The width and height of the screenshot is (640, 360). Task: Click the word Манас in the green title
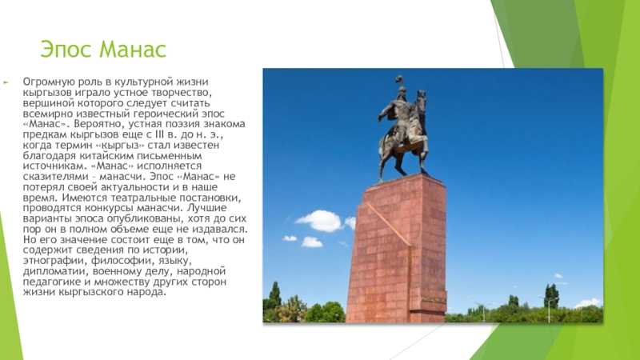point(133,50)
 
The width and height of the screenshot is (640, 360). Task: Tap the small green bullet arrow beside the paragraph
point(6,82)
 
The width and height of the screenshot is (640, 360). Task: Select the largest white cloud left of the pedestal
point(319,221)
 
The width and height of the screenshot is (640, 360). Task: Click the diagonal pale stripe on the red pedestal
point(388,224)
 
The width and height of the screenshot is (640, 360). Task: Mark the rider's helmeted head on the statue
point(402,91)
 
